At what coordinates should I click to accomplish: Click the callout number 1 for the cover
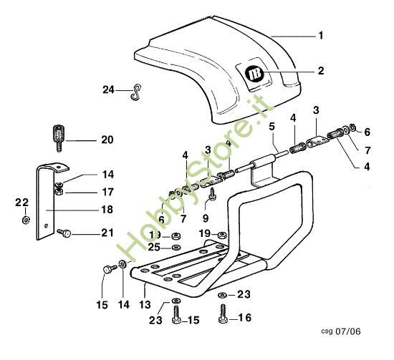coord(320,35)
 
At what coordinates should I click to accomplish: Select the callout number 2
coord(320,71)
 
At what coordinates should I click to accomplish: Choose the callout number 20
coord(107,140)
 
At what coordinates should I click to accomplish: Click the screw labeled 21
coord(64,232)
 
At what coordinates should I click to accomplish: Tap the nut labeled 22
coord(26,219)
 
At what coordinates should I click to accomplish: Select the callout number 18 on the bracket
coord(107,210)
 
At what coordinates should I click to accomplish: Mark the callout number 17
coord(107,192)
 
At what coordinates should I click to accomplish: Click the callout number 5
coord(272,126)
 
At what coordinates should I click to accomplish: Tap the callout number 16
coord(245,317)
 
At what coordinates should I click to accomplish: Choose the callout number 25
coord(154,247)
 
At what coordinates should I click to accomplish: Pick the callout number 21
coord(107,233)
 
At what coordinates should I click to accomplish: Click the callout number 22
coord(22,202)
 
